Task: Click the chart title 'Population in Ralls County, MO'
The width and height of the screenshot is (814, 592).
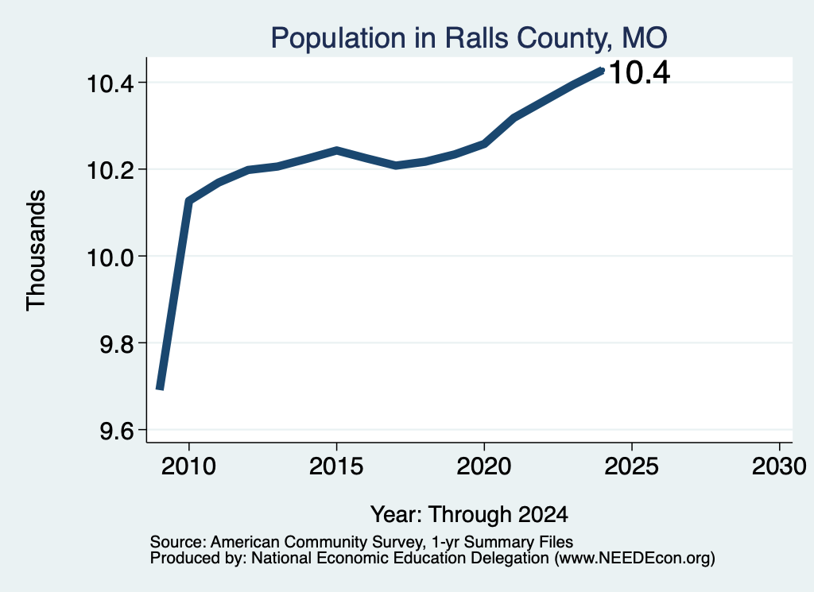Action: (469, 38)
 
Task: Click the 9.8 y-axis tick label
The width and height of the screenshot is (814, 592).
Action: (118, 344)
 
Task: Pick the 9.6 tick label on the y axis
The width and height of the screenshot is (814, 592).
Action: (118, 431)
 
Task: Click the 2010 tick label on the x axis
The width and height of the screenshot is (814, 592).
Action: (188, 466)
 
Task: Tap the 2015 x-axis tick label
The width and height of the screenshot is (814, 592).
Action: (336, 466)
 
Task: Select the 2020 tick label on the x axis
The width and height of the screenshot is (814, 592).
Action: (484, 466)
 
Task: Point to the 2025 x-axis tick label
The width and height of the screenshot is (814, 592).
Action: (632, 466)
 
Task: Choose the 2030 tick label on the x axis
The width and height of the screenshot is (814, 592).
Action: (779, 466)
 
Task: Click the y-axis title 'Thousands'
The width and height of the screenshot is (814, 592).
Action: (37, 250)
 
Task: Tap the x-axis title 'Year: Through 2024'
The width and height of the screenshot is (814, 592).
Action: (469, 514)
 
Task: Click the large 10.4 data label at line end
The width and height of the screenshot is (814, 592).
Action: (639, 72)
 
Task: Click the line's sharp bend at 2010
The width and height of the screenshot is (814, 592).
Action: (188, 201)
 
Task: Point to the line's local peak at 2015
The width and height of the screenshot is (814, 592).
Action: (336, 150)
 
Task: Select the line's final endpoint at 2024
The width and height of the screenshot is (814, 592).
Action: (603, 70)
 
